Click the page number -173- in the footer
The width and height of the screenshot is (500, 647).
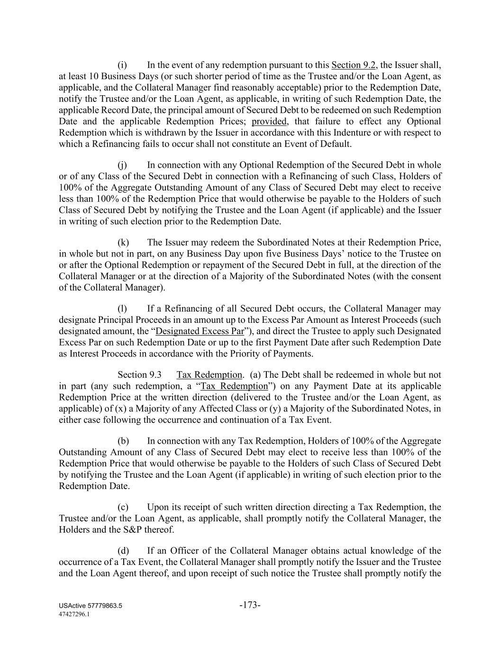(x=250, y=605)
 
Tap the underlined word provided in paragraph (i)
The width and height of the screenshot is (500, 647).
(x=269, y=121)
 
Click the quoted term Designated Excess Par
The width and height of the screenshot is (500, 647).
(x=200, y=331)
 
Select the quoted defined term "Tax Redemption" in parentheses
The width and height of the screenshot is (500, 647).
(x=234, y=386)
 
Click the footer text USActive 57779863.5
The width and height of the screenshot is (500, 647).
(x=91, y=606)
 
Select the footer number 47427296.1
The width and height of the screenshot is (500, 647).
(x=74, y=614)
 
